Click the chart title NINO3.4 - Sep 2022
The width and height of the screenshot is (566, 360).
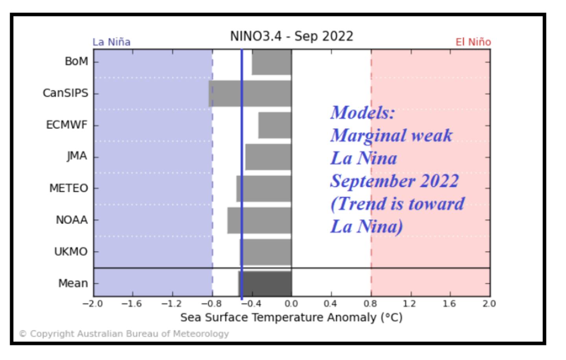(x=292, y=36)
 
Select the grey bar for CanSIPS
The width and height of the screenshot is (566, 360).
(x=250, y=94)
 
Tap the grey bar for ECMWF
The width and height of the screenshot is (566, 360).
(x=275, y=125)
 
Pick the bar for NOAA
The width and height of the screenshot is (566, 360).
(x=259, y=220)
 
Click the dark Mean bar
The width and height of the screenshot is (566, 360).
(x=265, y=283)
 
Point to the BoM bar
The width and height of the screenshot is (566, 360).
(x=272, y=62)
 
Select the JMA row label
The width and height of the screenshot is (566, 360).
(x=77, y=156)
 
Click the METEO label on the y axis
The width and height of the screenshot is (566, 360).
(x=68, y=188)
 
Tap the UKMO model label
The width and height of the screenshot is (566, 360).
(x=71, y=252)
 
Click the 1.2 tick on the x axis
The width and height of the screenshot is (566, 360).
(x=409, y=304)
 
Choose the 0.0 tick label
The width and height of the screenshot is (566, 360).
(x=291, y=304)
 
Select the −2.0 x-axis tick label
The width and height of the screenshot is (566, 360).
(x=93, y=304)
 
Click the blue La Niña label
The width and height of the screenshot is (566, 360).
(x=112, y=42)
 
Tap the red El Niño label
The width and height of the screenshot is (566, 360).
(x=473, y=42)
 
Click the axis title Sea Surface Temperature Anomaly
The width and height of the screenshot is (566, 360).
(x=291, y=317)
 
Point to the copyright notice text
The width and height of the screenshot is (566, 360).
(x=124, y=334)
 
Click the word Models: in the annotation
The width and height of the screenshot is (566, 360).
(x=362, y=113)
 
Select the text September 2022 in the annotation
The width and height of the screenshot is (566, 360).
(x=394, y=181)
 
